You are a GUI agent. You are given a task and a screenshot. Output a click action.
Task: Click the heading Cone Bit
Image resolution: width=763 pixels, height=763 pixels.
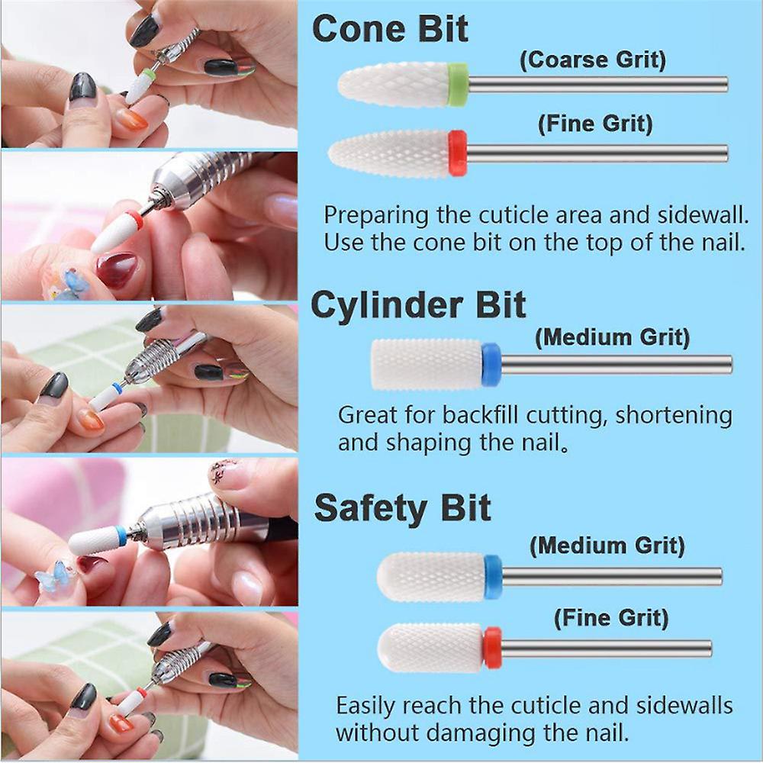[390, 29]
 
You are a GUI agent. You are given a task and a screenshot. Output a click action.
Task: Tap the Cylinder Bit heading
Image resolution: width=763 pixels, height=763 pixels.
[418, 305]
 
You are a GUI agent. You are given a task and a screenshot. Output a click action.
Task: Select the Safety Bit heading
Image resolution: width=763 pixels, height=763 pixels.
[402, 508]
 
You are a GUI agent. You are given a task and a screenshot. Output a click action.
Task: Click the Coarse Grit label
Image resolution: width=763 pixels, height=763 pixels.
[593, 60]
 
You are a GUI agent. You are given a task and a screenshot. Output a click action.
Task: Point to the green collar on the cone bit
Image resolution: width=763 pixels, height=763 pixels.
[458, 84]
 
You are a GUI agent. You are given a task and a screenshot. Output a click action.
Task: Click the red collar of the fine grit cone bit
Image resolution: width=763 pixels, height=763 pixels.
[457, 153]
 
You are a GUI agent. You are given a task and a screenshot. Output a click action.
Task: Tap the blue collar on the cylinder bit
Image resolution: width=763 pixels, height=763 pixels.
[491, 365]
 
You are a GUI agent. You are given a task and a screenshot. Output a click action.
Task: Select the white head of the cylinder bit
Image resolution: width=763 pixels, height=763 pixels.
[427, 365]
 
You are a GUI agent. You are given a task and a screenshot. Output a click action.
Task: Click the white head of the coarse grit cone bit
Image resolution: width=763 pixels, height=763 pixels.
[393, 85]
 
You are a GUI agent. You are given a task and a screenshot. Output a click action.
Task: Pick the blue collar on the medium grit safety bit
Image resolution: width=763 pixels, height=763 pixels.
[493, 577]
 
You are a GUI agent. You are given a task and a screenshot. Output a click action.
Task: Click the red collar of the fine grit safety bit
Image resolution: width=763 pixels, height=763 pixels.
[492, 648]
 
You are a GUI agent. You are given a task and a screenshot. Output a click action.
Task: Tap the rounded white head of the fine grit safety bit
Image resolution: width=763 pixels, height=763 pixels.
[430, 648]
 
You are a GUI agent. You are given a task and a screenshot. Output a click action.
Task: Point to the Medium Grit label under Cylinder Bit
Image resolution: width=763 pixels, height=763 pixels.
[612, 337]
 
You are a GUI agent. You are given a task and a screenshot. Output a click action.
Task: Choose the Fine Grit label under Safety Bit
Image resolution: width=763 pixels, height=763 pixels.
[611, 618]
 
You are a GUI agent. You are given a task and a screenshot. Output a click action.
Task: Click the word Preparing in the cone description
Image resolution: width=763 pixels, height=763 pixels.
[376, 216]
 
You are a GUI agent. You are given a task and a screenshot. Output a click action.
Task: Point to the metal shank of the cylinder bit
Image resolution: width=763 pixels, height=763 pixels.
[617, 365]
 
